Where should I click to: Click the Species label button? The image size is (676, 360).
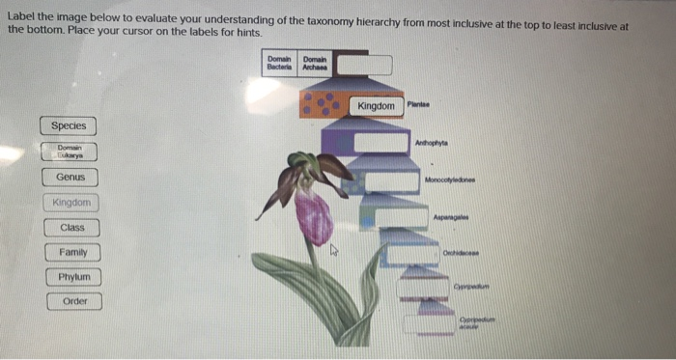click(69, 125)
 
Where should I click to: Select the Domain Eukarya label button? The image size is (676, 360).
click(70, 152)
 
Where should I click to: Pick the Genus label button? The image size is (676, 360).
click(70, 178)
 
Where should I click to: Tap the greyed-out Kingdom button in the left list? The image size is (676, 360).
click(71, 203)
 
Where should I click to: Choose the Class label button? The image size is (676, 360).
click(71, 228)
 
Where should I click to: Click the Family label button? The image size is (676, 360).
click(71, 253)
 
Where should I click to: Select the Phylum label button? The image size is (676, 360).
click(72, 277)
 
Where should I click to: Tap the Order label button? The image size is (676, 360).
click(74, 301)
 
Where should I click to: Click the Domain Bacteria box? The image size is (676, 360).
click(280, 65)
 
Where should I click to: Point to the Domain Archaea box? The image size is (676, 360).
click(315, 65)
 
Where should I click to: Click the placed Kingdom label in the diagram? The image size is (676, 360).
click(376, 105)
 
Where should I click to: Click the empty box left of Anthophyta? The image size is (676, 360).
click(381, 143)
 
